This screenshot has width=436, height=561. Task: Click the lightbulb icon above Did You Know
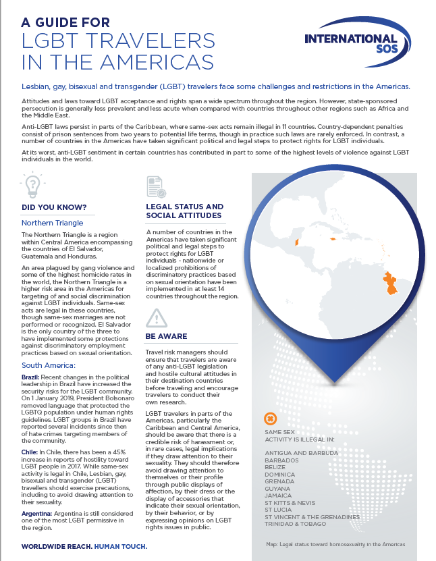[x=31, y=184]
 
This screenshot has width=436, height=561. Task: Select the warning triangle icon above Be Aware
[x=156, y=318]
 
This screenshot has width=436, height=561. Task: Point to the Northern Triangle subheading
[x=53, y=222]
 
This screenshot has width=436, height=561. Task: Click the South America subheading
[x=51, y=365]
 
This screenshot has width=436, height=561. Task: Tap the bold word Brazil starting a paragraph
[x=30, y=376]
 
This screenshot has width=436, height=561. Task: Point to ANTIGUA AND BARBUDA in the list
[x=302, y=452]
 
